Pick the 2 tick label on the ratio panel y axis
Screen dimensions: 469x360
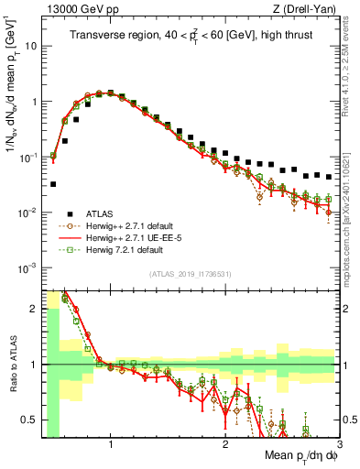pos(33,309)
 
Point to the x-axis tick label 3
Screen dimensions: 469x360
pos(339,445)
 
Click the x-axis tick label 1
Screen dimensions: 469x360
pos(111,445)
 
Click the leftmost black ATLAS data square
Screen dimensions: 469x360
pos(53,184)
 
